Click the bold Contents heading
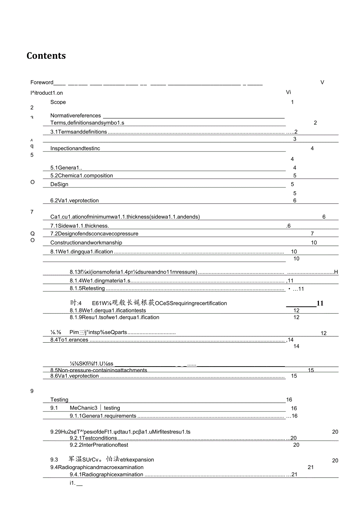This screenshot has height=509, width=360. (46, 56)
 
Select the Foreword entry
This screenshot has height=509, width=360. (42, 82)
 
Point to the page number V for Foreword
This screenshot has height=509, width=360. (322, 82)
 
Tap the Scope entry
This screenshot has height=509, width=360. (58, 102)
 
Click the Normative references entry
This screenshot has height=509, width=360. (76, 115)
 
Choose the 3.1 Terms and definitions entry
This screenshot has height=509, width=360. (79, 132)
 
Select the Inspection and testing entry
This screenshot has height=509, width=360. (75, 148)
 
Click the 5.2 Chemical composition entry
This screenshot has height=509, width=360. (82, 176)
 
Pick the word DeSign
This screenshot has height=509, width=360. (59, 184)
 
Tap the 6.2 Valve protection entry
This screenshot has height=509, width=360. (75, 200)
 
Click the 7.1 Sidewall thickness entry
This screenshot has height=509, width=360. (79, 226)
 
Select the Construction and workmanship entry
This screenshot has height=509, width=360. (86, 243)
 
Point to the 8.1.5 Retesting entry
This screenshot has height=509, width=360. (87, 289)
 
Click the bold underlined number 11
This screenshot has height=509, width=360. (320, 303)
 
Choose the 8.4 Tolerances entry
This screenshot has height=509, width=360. (69, 340)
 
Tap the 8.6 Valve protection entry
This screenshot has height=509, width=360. (75, 376)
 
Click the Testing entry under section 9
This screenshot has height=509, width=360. (59, 399)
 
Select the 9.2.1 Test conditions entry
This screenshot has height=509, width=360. (93, 438)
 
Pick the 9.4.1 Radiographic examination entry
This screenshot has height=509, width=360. (106, 475)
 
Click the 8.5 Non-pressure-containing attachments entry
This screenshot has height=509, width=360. (99, 370)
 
